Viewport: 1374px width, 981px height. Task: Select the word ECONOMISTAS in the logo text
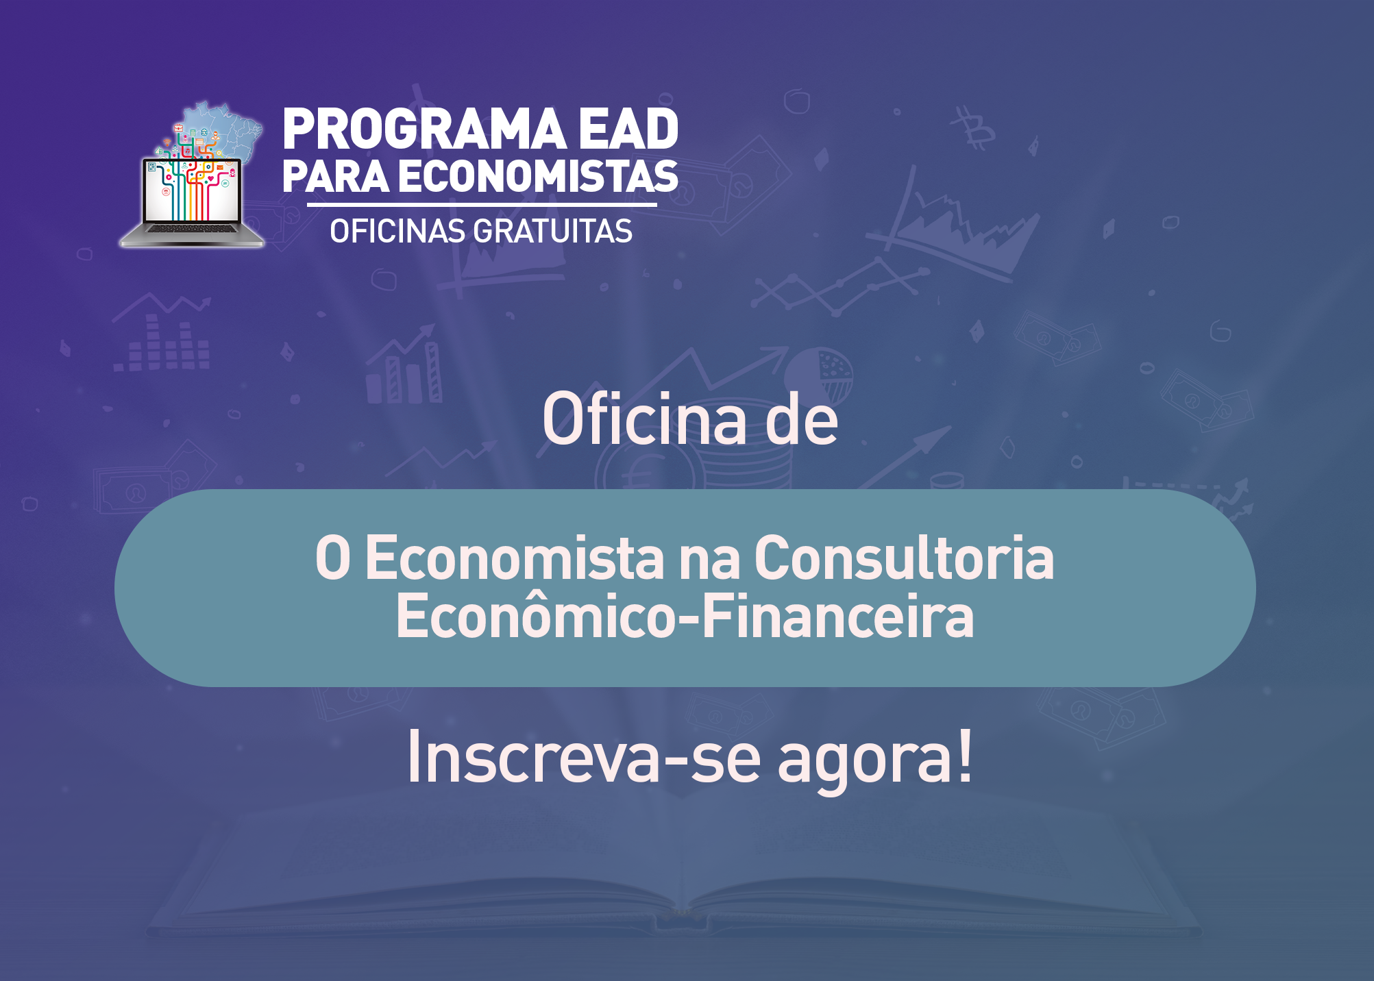point(538,177)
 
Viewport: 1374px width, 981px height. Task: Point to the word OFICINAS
point(397,232)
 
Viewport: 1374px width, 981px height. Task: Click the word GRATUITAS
point(552,232)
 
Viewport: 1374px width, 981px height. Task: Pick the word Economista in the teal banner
point(515,558)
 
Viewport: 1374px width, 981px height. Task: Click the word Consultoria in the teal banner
point(904,558)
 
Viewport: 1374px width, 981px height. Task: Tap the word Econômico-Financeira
point(685,617)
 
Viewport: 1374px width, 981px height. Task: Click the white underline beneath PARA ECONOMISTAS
point(482,204)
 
